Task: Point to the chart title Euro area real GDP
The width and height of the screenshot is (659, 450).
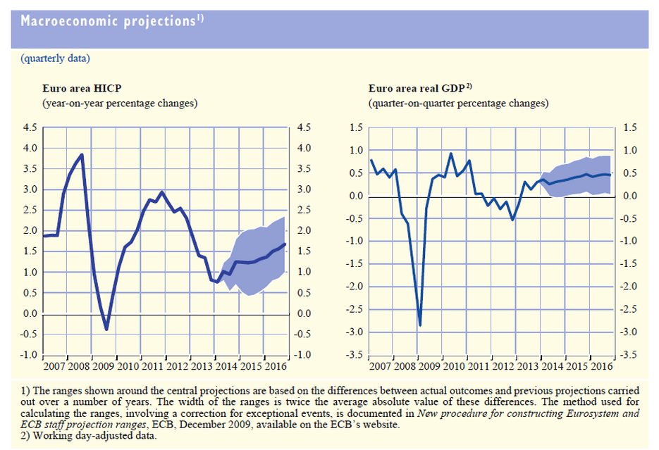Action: [x=420, y=89]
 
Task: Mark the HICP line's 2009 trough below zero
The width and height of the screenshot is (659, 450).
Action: [x=106, y=329]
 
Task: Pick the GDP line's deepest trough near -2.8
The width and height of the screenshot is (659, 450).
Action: [x=420, y=325]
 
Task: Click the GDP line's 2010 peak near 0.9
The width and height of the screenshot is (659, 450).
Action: [x=451, y=154]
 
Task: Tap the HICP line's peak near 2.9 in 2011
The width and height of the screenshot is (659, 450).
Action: [x=162, y=192]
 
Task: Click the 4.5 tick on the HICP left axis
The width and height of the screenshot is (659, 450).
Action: [x=31, y=127]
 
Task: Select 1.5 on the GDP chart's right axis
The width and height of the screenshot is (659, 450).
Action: [x=630, y=127]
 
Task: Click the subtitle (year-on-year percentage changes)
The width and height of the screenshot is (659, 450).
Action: [x=120, y=103]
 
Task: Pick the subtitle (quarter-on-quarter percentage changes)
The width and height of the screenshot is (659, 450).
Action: [x=457, y=103]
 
